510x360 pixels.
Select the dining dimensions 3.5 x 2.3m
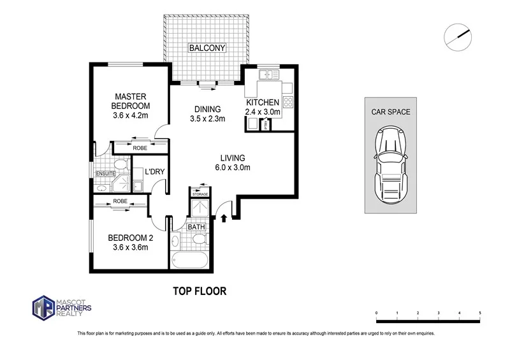click(x=208, y=119)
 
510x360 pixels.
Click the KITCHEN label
click(x=263, y=102)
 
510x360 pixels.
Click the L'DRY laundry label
click(x=155, y=171)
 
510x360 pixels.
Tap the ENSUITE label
click(x=105, y=173)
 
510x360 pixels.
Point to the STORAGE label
click(x=200, y=193)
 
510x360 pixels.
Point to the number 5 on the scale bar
click(x=479, y=313)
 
